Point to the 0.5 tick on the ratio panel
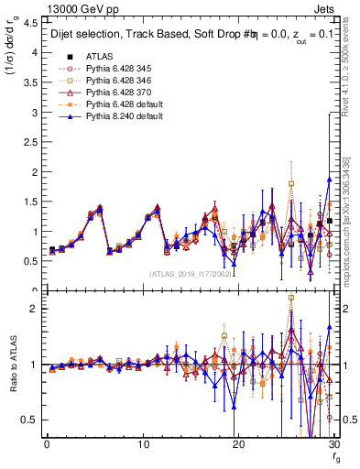coord(29,420)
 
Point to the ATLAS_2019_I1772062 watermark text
coord(191,273)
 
